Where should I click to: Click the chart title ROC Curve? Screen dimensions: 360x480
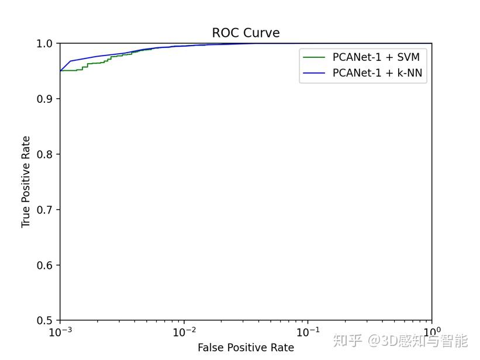pos(246,33)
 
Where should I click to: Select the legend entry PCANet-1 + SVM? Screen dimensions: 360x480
pos(376,57)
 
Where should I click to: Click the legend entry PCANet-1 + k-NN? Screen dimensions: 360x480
pos(377,73)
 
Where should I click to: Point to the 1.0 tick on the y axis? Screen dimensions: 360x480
pos(44,44)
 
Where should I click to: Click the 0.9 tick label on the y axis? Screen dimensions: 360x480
pos(44,99)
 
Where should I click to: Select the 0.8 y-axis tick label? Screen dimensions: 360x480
pos(44,155)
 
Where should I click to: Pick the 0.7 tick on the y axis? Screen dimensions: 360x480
pos(44,210)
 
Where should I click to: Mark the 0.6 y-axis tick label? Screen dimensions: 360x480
pos(44,265)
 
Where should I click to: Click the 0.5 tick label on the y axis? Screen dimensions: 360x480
pos(44,321)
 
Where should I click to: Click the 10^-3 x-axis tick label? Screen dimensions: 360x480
pos(60,332)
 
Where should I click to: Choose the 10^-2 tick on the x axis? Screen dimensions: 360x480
pos(184,332)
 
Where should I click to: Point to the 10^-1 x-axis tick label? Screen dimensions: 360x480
pos(308,332)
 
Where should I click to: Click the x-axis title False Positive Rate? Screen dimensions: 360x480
pos(246,348)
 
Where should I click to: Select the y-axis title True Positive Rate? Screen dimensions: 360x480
pos(26,182)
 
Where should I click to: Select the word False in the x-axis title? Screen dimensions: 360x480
pos(209,348)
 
